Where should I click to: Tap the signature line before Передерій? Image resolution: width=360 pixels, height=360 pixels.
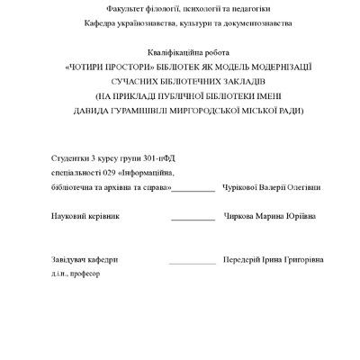point(192,262)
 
